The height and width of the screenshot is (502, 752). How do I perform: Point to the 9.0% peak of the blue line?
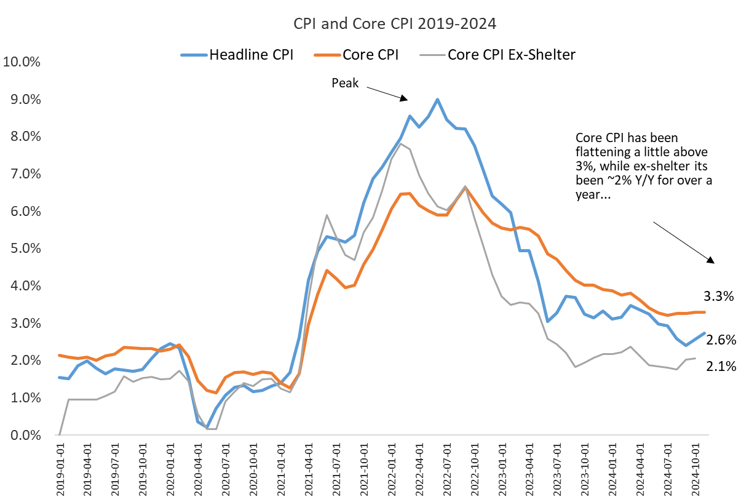[x=437, y=99]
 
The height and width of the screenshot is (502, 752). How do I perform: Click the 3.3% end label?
[x=719, y=297]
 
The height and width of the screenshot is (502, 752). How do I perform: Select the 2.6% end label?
[x=721, y=340]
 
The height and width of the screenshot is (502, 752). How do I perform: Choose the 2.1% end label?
[x=721, y=367]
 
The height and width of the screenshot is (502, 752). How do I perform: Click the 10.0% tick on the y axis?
[x=22, y=62]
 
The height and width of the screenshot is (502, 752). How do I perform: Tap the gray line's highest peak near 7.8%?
[x=401, y=144]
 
